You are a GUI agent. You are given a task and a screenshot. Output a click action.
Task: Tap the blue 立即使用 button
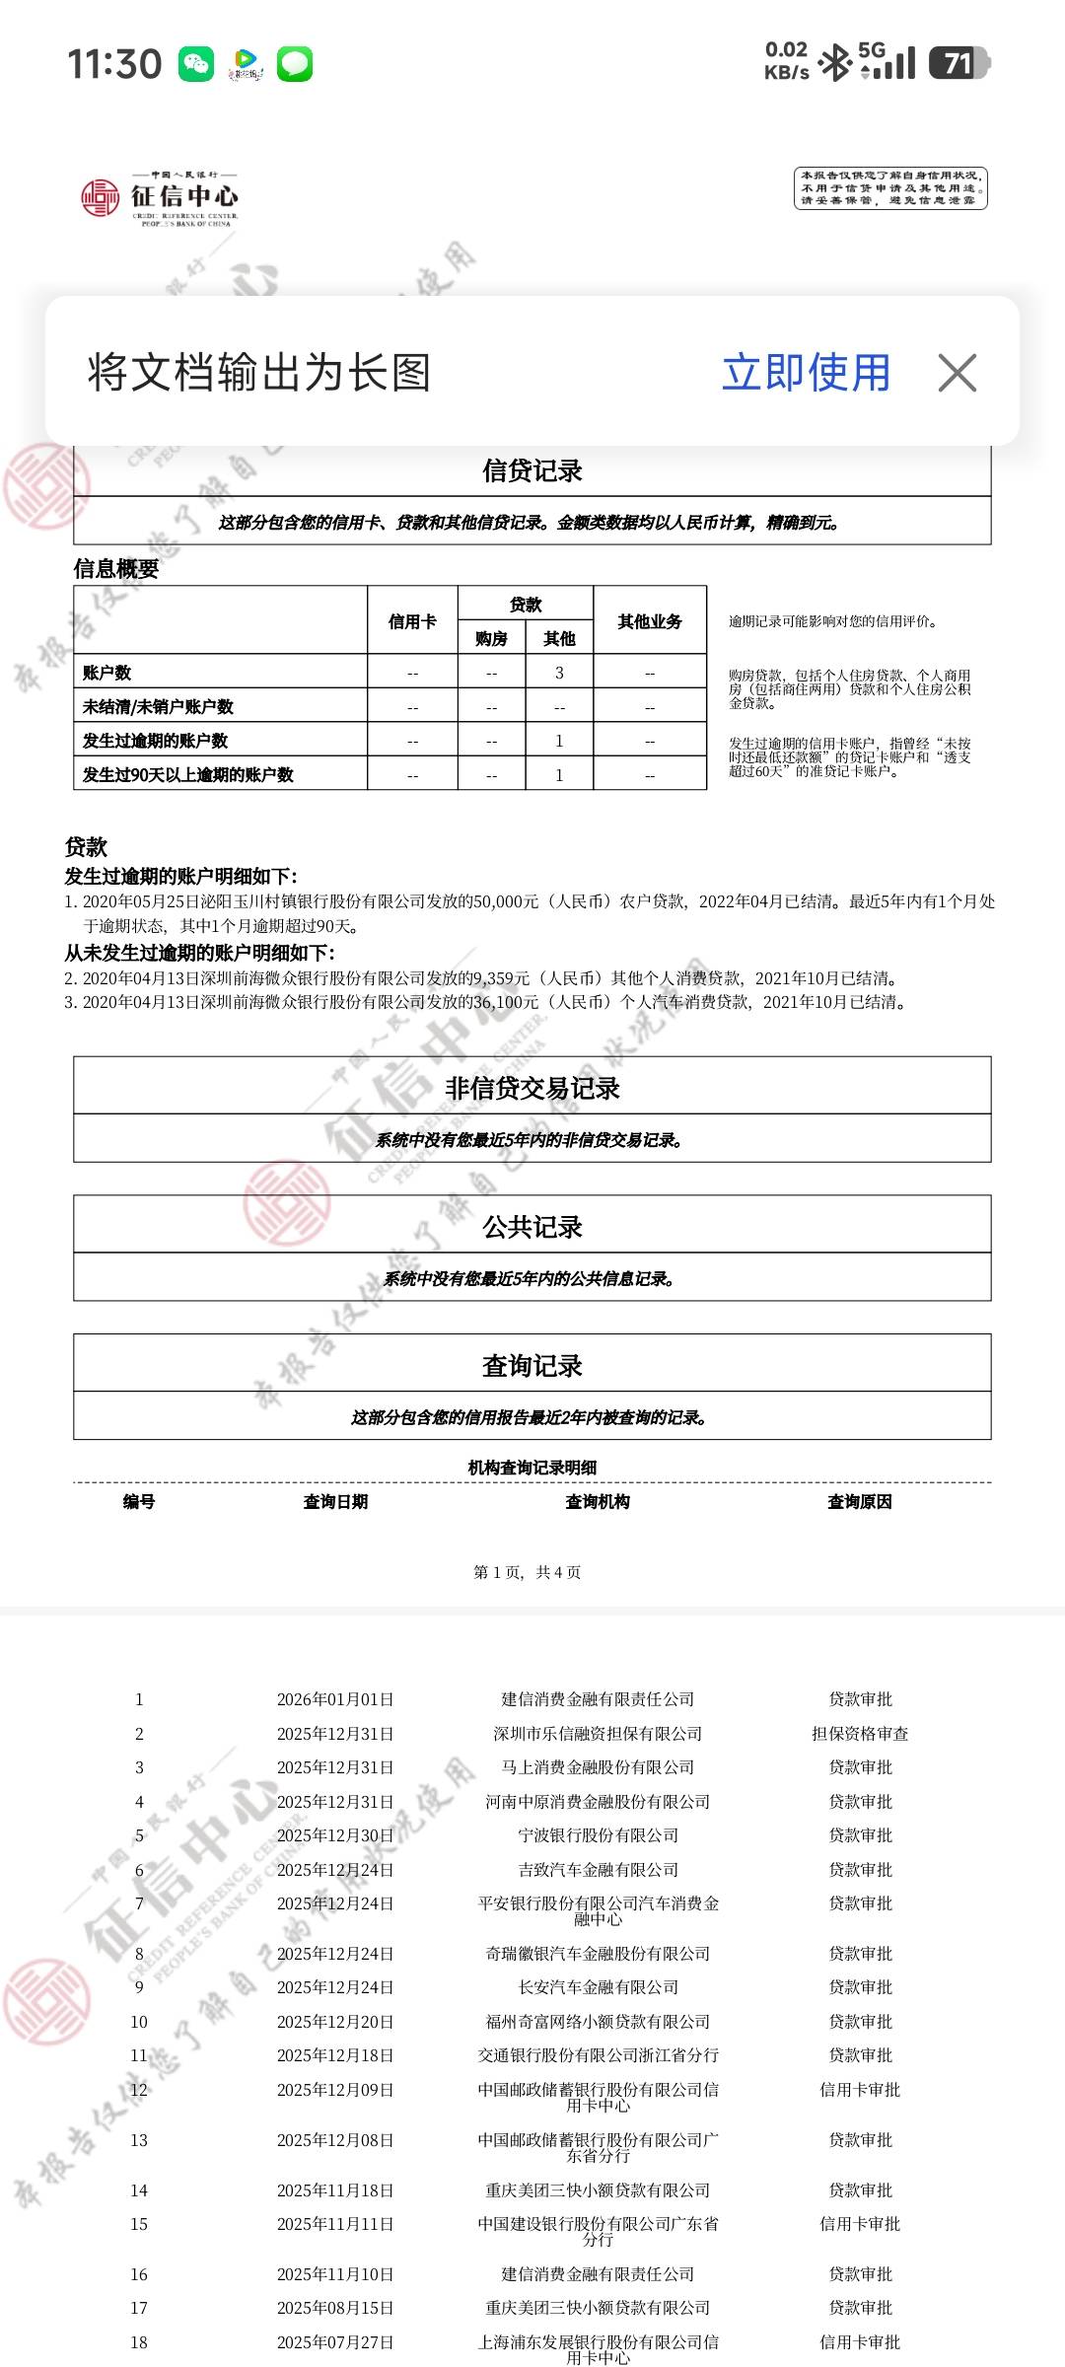click(x=806, y=373)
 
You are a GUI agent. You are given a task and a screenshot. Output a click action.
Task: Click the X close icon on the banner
click(x=957, y=373)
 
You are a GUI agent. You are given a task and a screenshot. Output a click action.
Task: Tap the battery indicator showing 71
click(x=958, y=63)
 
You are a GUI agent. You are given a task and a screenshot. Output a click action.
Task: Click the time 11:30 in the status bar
click(x=114, y=64)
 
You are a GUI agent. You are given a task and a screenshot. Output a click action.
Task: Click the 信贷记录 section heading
click(x=532, y=471)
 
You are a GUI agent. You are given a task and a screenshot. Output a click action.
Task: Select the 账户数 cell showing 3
click(x=559, y=673)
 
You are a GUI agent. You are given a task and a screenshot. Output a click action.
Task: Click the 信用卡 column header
click(x=412, y=621)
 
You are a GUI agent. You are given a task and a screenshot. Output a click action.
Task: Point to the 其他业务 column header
click(x=650, y=621)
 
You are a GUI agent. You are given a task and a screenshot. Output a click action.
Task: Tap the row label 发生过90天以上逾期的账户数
click(x=188, y=774)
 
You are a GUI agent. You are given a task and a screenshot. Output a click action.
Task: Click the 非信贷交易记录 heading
click(x=532, y=1088)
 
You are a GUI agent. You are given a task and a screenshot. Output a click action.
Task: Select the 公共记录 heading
click(x=532, y=1227)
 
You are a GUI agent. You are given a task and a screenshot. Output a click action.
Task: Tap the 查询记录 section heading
click(x=532, y=1366)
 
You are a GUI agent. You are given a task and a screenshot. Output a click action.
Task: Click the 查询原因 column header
click(x=859, y=1502)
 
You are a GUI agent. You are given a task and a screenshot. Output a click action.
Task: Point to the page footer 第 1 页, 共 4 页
click(x=527, y=1572)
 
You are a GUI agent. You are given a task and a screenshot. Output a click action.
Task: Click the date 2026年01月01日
click(x=335, y=1699)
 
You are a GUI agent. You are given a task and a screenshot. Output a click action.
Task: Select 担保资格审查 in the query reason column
click(x=860, y=1734)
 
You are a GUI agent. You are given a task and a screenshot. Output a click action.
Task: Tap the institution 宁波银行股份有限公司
click(x=598, y=1835)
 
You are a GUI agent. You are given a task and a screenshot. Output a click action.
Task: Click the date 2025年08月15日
click(x=335, y=2308)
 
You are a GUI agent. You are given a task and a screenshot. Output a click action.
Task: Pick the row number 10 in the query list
click(x=139, y=2022)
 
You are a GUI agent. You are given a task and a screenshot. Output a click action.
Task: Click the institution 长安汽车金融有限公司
click(x=598, y=1987)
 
